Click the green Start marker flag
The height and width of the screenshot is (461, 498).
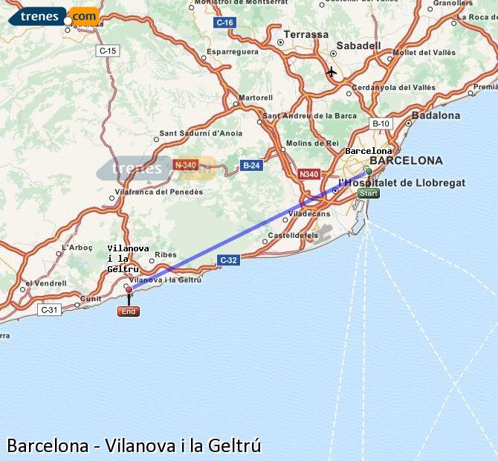point(369,193)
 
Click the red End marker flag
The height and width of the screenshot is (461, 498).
point(129,312)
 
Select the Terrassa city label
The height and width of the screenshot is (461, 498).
point(305,34)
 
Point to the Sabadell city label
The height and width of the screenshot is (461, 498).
point(358,45)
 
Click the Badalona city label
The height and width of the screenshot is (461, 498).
point(436,115)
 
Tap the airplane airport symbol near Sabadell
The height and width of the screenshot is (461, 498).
point(332,72)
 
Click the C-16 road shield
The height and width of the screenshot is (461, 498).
point(224,23)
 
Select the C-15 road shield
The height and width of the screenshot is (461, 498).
point(108,51)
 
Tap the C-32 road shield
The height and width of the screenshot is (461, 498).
point(228,259)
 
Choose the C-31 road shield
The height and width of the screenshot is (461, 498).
point(49,309)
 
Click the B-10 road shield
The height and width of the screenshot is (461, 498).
point(381,123)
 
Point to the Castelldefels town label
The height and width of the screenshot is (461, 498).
point(292,236)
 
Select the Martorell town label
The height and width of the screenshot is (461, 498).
point(256,97)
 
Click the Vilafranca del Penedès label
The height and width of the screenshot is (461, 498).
point(160,192)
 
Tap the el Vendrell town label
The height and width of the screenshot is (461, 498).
point(45,283)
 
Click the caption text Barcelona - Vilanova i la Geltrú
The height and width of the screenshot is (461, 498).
point(135,445)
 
